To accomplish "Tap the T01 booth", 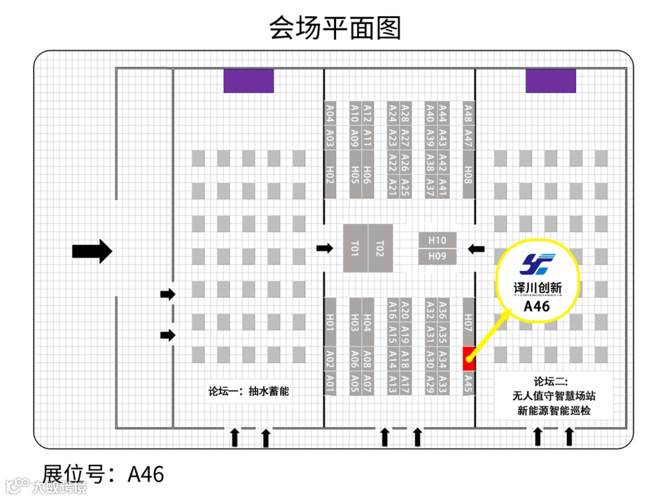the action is (x=355, y=248).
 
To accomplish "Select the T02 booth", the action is (x=380, y=248).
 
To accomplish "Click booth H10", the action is (x=437, y=240).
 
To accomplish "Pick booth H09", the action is (x=437, y=256).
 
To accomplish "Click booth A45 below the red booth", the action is (x=468, y=384).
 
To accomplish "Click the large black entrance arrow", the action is (x=92, y=251).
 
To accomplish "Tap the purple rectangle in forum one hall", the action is (x=248, y=81).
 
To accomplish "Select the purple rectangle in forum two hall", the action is (x=550, y=81).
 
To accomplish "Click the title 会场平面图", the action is (x=335, y=28).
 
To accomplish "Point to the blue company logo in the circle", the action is (x=538, y=265).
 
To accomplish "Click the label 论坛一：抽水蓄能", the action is (x=248, y=391).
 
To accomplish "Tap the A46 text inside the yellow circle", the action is (x=537, y=306).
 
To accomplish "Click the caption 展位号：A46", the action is (x=103, y=474).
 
